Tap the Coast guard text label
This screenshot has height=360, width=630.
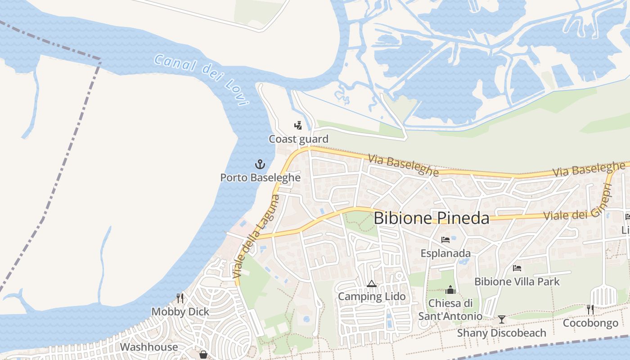[x=298, y=139]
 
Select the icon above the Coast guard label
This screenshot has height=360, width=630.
[x=298, y=125]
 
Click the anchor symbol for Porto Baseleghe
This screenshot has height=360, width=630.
[x=260, y=164]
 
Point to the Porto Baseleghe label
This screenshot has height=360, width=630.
[x=260, y=178]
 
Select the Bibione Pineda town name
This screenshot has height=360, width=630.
[x=431, y=218]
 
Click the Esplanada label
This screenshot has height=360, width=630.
[x=445, y=253]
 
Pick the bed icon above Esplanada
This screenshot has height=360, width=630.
[x=445, y=240]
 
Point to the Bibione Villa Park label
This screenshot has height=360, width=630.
[x=517, y=282]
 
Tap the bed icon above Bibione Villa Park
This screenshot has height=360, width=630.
[x=517, y=268]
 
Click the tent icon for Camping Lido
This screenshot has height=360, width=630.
[x=371, y=283]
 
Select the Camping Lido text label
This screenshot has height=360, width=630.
[x=371, y=297]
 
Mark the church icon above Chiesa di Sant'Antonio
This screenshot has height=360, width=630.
[x=450, y=290]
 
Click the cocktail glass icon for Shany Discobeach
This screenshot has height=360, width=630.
[x=501, y=319]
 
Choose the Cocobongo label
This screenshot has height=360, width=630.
[x=590, y=324]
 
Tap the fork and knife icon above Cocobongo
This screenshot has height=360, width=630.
[x=590, y=310]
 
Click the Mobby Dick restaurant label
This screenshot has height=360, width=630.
[x=180, y=312]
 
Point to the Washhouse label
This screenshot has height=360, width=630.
[x=148, y=347]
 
